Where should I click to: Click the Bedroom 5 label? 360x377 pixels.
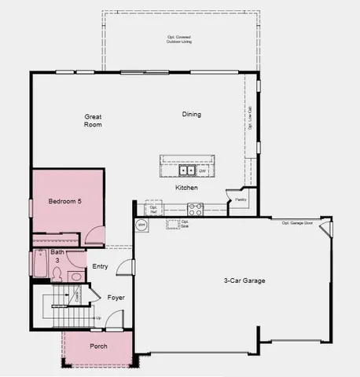pos(65,202)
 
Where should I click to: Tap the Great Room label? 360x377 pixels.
pos(94,120)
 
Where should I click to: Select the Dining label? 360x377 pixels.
pos(192,114)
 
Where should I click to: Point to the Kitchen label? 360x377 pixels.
pos(186,188)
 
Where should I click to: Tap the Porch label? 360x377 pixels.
pos(98,346)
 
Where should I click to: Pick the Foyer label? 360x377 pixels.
pos(116,298)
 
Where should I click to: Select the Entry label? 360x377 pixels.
pos(100,267)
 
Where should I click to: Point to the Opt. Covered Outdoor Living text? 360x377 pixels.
pos(179,39)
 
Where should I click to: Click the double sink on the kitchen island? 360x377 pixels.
pos(187,170)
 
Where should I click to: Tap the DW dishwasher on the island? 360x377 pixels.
pos(202,170)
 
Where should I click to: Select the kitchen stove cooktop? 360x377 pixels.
pos(195,209)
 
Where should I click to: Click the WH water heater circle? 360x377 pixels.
pos(141,225)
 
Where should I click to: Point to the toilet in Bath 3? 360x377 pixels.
pos(57,274)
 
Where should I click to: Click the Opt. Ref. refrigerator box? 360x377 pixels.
pos(154,209)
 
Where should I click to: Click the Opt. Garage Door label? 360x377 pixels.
pos(297,222)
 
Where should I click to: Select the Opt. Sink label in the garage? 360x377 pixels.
pos(184,224)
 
